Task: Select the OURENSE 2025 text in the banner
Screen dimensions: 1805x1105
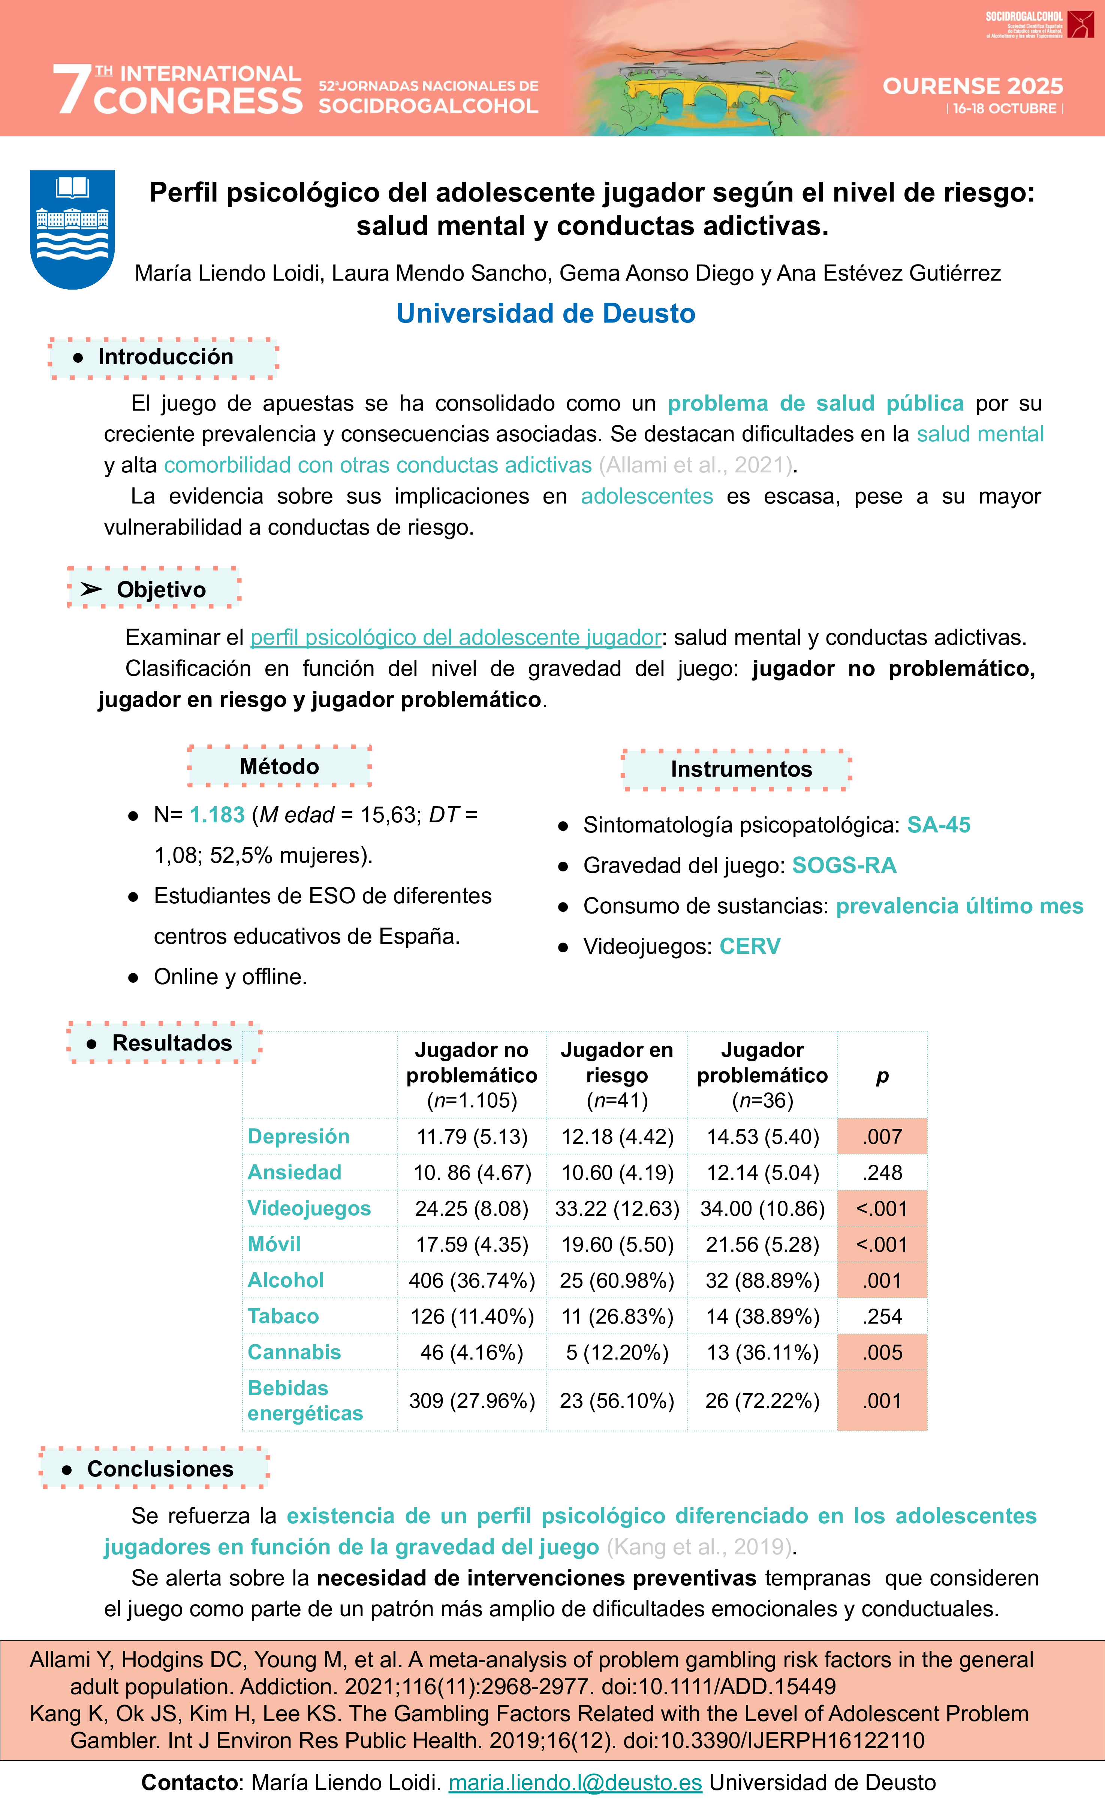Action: coord(972,87)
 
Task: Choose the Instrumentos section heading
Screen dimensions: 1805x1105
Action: coord(741,769)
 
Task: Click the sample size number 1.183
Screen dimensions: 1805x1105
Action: coord(217,814)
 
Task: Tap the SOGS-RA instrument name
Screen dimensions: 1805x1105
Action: coord(844,865)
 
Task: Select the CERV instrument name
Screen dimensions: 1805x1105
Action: coord(750,946)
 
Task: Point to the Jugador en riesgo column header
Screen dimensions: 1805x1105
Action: coord(617,1075)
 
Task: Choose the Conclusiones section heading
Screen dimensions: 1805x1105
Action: coord(160,1469)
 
